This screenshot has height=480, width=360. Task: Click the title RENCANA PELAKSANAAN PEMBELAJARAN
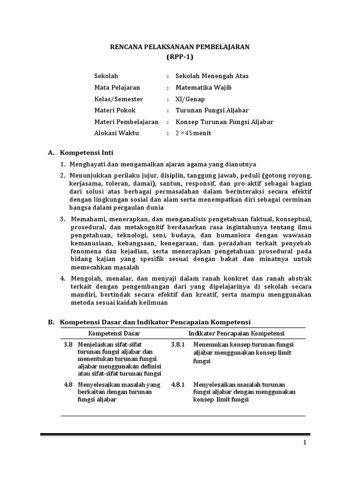180,47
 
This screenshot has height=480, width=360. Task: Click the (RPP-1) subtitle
180,57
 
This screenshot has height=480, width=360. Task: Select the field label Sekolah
106,76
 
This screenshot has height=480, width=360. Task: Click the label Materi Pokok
115,111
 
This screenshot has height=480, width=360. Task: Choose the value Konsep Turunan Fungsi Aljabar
224,122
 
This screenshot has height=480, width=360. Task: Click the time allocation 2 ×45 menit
193,134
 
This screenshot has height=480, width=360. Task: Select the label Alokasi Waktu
117,134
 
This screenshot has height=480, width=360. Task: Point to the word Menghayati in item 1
87,164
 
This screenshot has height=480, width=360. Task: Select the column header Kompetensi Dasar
114,333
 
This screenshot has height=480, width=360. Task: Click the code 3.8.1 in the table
178,345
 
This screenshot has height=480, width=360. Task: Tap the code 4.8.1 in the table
178,385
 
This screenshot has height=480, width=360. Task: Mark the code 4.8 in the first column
68,385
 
